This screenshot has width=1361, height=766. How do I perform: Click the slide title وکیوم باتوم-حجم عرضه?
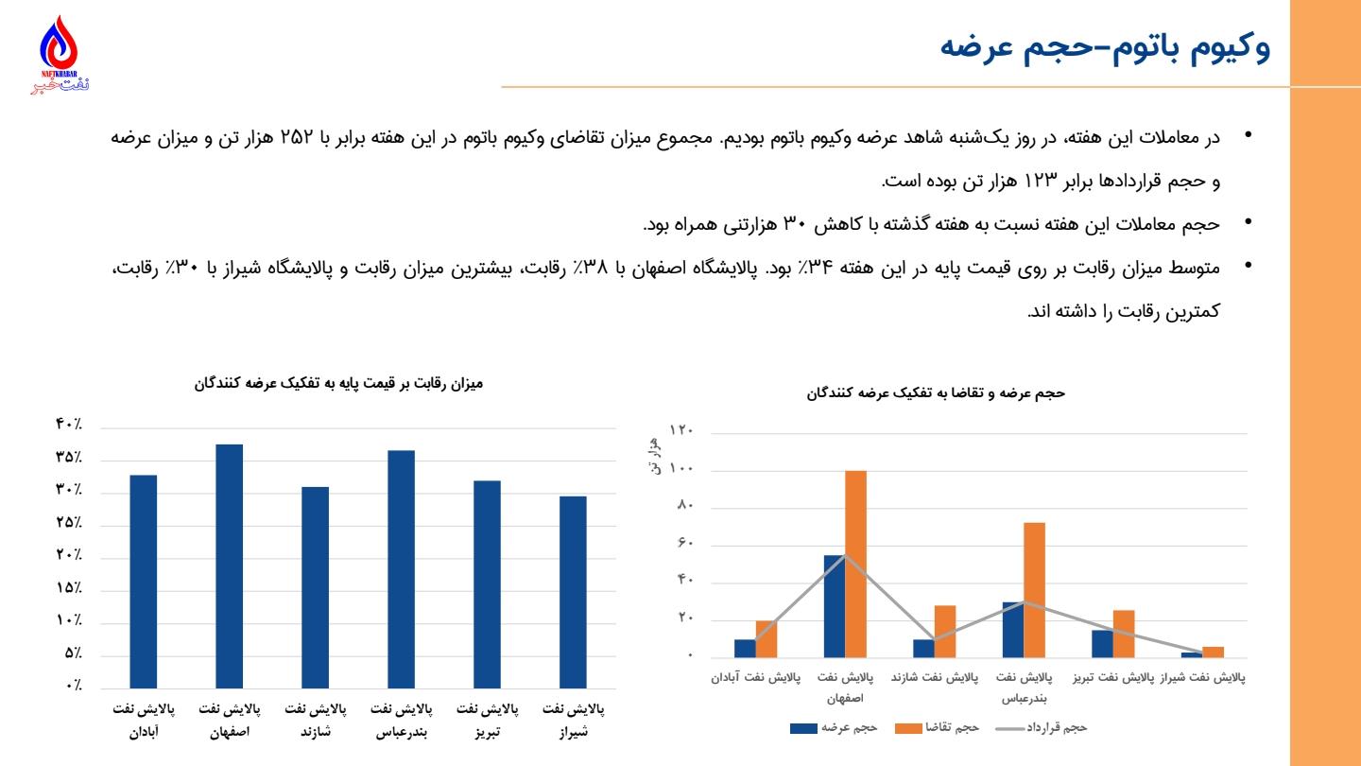tap(1105, 46)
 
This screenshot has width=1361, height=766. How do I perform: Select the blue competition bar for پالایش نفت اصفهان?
tap(230, 566)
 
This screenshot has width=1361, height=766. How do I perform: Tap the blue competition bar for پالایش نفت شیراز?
tap(573, 591)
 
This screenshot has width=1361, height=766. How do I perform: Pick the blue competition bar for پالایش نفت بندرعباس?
tap(401, 568)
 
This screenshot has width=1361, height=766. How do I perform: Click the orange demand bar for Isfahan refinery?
tap(855, 564)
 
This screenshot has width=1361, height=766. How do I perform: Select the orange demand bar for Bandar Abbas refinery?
tap(1034, 589)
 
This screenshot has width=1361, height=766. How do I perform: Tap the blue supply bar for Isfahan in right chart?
tap(834, 605)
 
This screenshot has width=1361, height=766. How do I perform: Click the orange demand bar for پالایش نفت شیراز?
tap(1213, 652)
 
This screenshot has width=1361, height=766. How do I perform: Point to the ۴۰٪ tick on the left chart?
tap(68, 425)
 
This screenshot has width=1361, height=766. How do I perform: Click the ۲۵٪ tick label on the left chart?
tap(68, 522)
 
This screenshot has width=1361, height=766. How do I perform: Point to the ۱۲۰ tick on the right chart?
tap(681, 431)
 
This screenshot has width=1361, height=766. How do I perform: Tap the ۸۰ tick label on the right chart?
tap(685, 506)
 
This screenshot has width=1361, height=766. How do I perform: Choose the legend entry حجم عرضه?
tap(836, 727)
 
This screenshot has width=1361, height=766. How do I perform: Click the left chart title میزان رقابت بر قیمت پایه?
tap(338, 383)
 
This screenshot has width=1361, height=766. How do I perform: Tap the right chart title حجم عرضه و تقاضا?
tap(936, 392)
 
